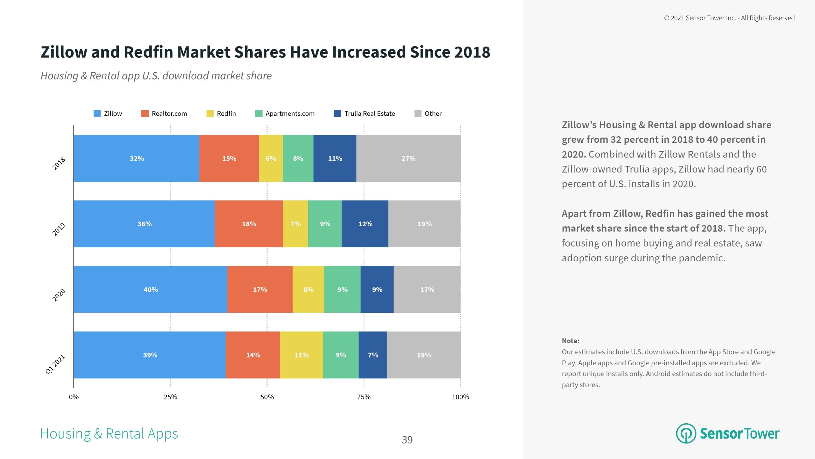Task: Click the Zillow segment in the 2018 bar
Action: coord(136,158)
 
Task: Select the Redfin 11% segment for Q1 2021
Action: coord(301,355)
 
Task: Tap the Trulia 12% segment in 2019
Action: coord(365,224)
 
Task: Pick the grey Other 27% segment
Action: coord(408,158)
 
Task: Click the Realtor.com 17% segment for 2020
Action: coord(260,289)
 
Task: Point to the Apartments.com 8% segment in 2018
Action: coord(298,158)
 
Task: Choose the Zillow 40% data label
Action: coord(151,289)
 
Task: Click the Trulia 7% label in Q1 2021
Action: coord(373,355)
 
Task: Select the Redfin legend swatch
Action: coord(210,113)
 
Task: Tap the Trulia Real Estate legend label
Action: coord(369,113)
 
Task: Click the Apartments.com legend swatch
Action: coord(259,113)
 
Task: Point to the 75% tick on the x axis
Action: coord(364,397)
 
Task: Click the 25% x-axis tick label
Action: coord(170,397)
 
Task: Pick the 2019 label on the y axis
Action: coord(59,229)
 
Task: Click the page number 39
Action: coord(407,440)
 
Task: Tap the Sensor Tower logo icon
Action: coord(686,433)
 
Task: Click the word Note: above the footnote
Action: coord(570,341)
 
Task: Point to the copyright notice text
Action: coord(729,18)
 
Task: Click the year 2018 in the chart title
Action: coord(472,52)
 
